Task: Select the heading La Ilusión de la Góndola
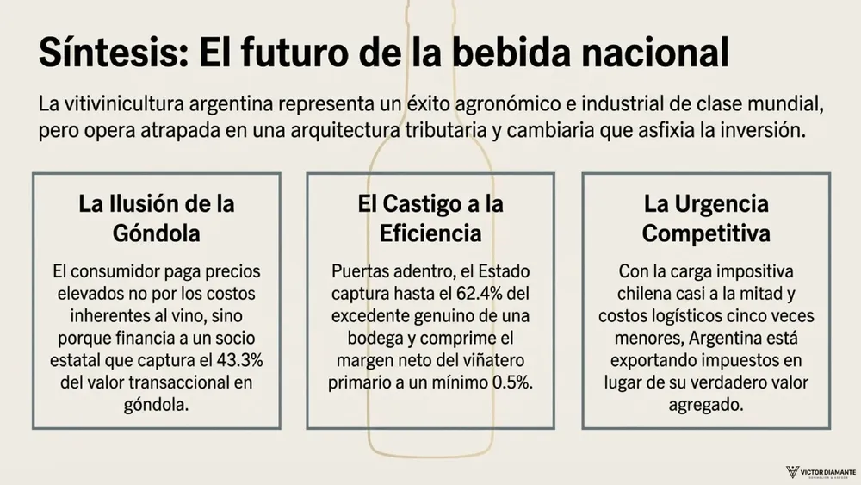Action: tap(157, 219)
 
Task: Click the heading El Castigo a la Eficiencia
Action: tap(430, 219)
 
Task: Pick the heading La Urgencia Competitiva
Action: tap(706, 219)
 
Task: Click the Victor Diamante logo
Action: tap(821, 472)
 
